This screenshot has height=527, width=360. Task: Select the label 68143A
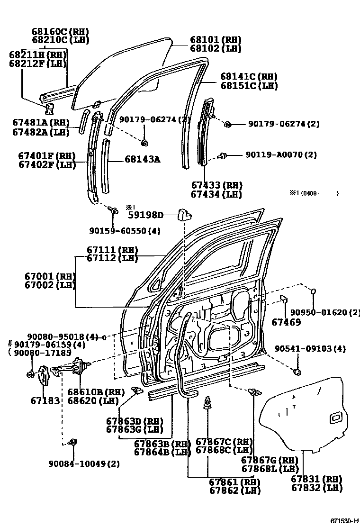(142, 159)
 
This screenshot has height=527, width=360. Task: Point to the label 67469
(286, 322)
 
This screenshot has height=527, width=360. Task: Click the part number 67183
(45, 400)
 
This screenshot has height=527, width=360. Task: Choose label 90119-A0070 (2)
(281, 155)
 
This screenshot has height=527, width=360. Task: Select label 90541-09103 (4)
(310, 349)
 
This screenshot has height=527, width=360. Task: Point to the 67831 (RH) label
(316, 480)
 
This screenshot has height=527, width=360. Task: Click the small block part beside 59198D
(184, 215)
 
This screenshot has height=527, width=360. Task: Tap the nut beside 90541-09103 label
(297, 372)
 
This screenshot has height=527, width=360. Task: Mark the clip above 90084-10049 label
(72, 442)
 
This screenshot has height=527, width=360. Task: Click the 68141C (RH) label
(249, 77)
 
